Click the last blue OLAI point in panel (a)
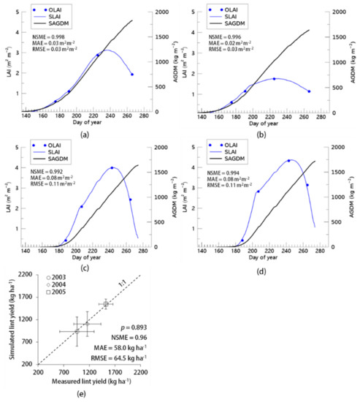pos(132,75)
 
